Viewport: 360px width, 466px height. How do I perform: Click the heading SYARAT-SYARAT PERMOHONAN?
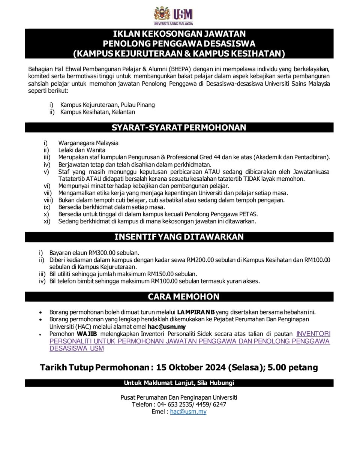point(179,127)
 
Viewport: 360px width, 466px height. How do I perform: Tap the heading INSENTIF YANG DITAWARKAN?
point(179,237)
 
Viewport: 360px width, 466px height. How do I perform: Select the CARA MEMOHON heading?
point(179,297)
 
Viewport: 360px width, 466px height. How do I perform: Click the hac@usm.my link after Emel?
point(188,412)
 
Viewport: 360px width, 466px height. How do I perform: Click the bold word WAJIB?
point(87,334)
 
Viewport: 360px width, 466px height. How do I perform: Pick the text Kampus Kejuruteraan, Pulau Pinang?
point(107,105)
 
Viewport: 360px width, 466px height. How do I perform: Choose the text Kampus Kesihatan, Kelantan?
point(97,112)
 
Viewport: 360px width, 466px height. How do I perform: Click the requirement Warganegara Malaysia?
point(88,143)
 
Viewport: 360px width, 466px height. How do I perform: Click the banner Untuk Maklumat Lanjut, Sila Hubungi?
point(179,383)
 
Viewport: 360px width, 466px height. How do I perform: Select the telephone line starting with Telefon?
point(179,405)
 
